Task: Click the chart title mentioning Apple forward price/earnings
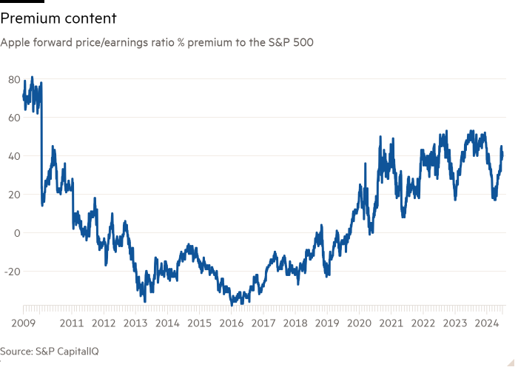click(157, 44)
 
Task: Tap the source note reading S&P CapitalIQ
click(50, 351)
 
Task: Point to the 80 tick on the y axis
click(13, 79)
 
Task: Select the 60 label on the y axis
click(13, 118)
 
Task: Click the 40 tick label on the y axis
click(13, 156)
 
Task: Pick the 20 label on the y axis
click(13, 195)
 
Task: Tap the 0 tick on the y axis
click(16, 233)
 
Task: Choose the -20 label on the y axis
click(12, 272)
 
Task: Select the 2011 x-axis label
click(71, 323)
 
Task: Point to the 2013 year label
click(135, 323)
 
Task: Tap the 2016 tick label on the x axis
click(232, 323)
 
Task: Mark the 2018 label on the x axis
click(296, 323)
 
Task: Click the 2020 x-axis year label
click(360, 323)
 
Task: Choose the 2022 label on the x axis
click(423, 323)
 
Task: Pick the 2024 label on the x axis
click(487, 323)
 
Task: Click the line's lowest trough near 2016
click(232, 303)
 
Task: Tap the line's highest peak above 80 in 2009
click(31, 76)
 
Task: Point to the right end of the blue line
click(504, 155)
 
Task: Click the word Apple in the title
click(14, 44)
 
